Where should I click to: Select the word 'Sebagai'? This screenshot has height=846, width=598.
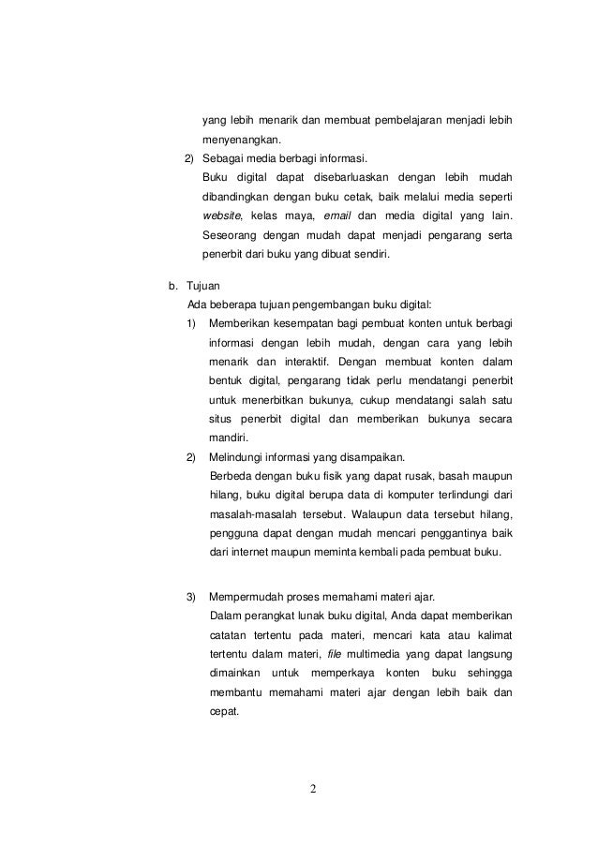(223, 159)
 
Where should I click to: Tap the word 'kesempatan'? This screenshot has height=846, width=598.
(299, 323)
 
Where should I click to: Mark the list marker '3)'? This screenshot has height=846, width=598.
(191, 598)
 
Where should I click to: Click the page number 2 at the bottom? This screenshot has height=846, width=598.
(313, 786)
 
